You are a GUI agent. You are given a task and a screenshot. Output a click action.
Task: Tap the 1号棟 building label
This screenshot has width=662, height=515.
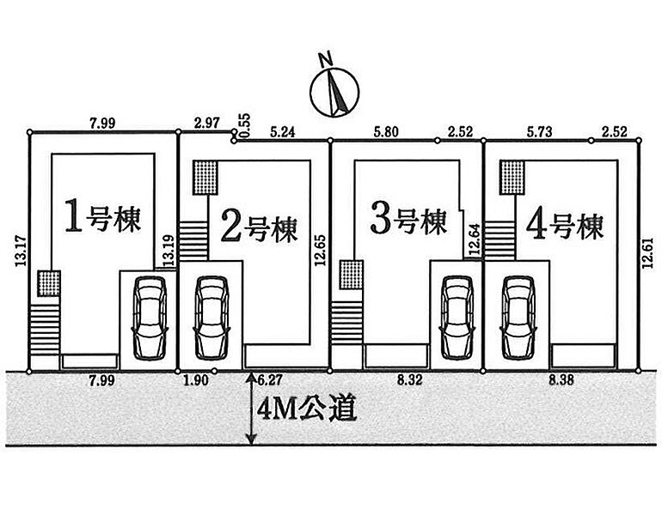(102, 220)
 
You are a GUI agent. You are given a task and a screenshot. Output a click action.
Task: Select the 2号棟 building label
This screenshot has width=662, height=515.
(258, 227)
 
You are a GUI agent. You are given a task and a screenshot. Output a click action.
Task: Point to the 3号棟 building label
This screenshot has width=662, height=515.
(408, 221)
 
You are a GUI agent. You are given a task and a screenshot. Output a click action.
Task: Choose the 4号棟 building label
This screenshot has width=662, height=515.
(562, 226)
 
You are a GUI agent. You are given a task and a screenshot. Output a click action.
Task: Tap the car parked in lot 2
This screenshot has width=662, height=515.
(211, 317)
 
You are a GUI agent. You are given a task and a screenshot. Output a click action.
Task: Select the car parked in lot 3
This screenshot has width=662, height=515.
(456, 317)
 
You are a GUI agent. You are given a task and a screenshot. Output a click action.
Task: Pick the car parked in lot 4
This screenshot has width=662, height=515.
(518, 317)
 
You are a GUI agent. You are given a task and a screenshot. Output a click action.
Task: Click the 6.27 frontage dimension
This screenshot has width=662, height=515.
(271, 379)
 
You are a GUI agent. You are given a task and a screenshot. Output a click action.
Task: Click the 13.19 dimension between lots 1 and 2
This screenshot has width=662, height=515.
(169, 250)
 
